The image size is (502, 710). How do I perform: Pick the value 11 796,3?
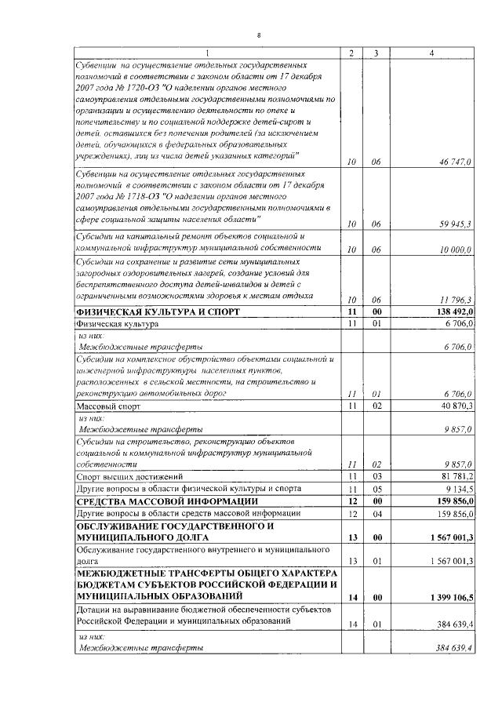pos(455,299)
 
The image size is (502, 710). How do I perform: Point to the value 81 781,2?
pos(455,476)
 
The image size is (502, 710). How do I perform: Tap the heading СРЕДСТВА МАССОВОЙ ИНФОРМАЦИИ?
pos(168,501)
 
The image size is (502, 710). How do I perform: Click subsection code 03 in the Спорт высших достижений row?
pos(376,476)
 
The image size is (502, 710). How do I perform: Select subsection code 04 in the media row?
pos(376,514)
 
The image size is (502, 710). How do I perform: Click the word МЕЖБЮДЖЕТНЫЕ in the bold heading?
pos(119,573)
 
